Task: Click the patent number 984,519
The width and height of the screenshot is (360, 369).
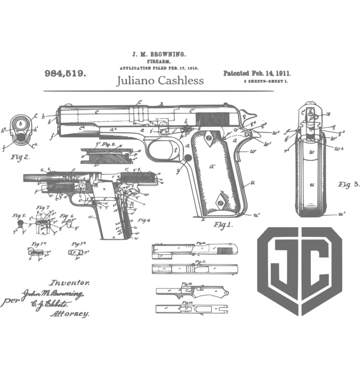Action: tap(66, 73)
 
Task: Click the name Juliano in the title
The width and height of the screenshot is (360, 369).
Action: tap(132, 81)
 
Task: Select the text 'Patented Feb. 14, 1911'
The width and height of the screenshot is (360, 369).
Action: tap(256, 73)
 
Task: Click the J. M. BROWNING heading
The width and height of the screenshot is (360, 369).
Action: tap(158, 54)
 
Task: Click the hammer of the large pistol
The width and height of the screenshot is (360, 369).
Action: tap(252, 118)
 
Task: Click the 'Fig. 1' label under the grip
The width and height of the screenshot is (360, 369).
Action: tap(222, 225)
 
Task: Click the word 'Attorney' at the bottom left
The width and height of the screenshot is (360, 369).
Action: tap(72, 314)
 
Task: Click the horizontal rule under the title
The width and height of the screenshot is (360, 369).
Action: tap(158, 91)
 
